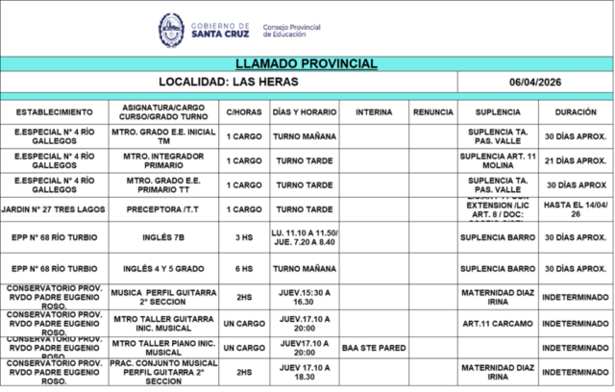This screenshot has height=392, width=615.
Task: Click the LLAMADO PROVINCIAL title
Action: [306, 63]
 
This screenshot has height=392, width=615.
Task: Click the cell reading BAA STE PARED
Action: [373, 348]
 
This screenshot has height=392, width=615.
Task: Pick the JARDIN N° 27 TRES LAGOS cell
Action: [54, 208]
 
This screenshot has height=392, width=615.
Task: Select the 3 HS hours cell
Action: [243, 236]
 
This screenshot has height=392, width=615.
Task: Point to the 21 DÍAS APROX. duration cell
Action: [575, 160]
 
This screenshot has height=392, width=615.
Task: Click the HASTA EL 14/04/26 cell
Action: [575, 208]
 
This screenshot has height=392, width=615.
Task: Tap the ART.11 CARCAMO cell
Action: [497, 324]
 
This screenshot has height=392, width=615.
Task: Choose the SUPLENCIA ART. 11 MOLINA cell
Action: [497, 160]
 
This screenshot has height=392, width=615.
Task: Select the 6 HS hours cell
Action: [243, 268]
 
